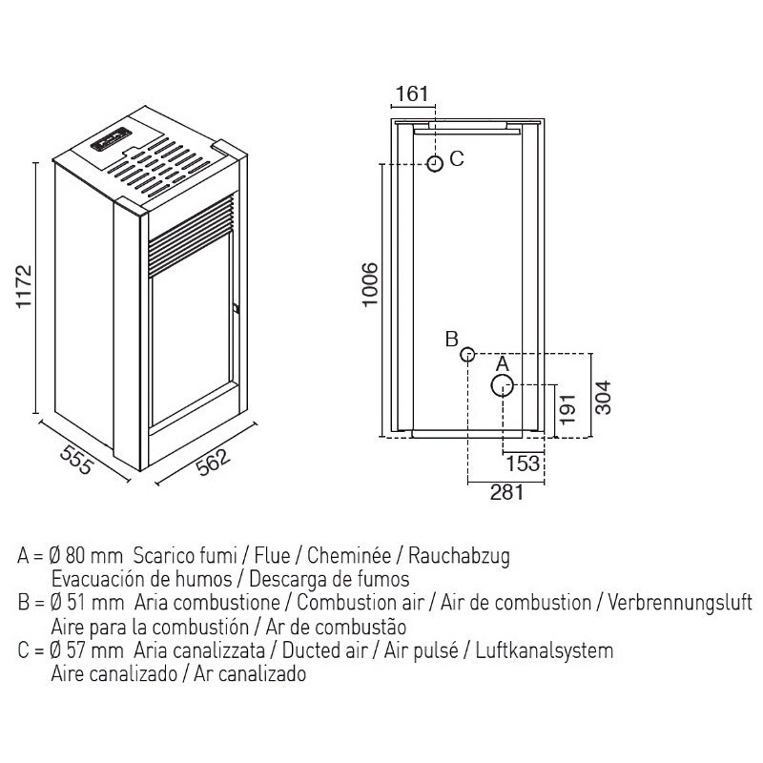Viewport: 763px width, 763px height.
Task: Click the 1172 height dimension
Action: [24, 285]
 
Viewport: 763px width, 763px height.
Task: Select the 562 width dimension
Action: [213, 462]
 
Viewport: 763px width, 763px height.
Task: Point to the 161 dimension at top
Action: [412, 93]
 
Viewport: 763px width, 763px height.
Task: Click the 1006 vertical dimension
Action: [370, 284]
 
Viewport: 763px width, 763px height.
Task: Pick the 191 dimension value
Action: [567, 409]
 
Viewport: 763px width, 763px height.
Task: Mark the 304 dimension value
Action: [603, 398]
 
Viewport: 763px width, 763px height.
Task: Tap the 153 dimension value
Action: [523, 464]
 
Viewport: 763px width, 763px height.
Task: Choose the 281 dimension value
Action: [507, 492]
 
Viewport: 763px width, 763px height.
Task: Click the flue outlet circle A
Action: [503, 386]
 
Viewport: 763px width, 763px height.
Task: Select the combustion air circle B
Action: [467, 354]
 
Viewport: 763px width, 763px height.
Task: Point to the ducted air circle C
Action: [435, 163]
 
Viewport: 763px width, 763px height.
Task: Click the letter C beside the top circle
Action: [457, 158]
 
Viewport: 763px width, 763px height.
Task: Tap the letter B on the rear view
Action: [451, 339]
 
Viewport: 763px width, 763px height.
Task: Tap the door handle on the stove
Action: [236, 308]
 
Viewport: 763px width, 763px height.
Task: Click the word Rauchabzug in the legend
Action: [459, 555]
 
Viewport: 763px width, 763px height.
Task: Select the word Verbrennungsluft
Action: [680, 603]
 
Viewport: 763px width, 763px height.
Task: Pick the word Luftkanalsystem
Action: [544, 650]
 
